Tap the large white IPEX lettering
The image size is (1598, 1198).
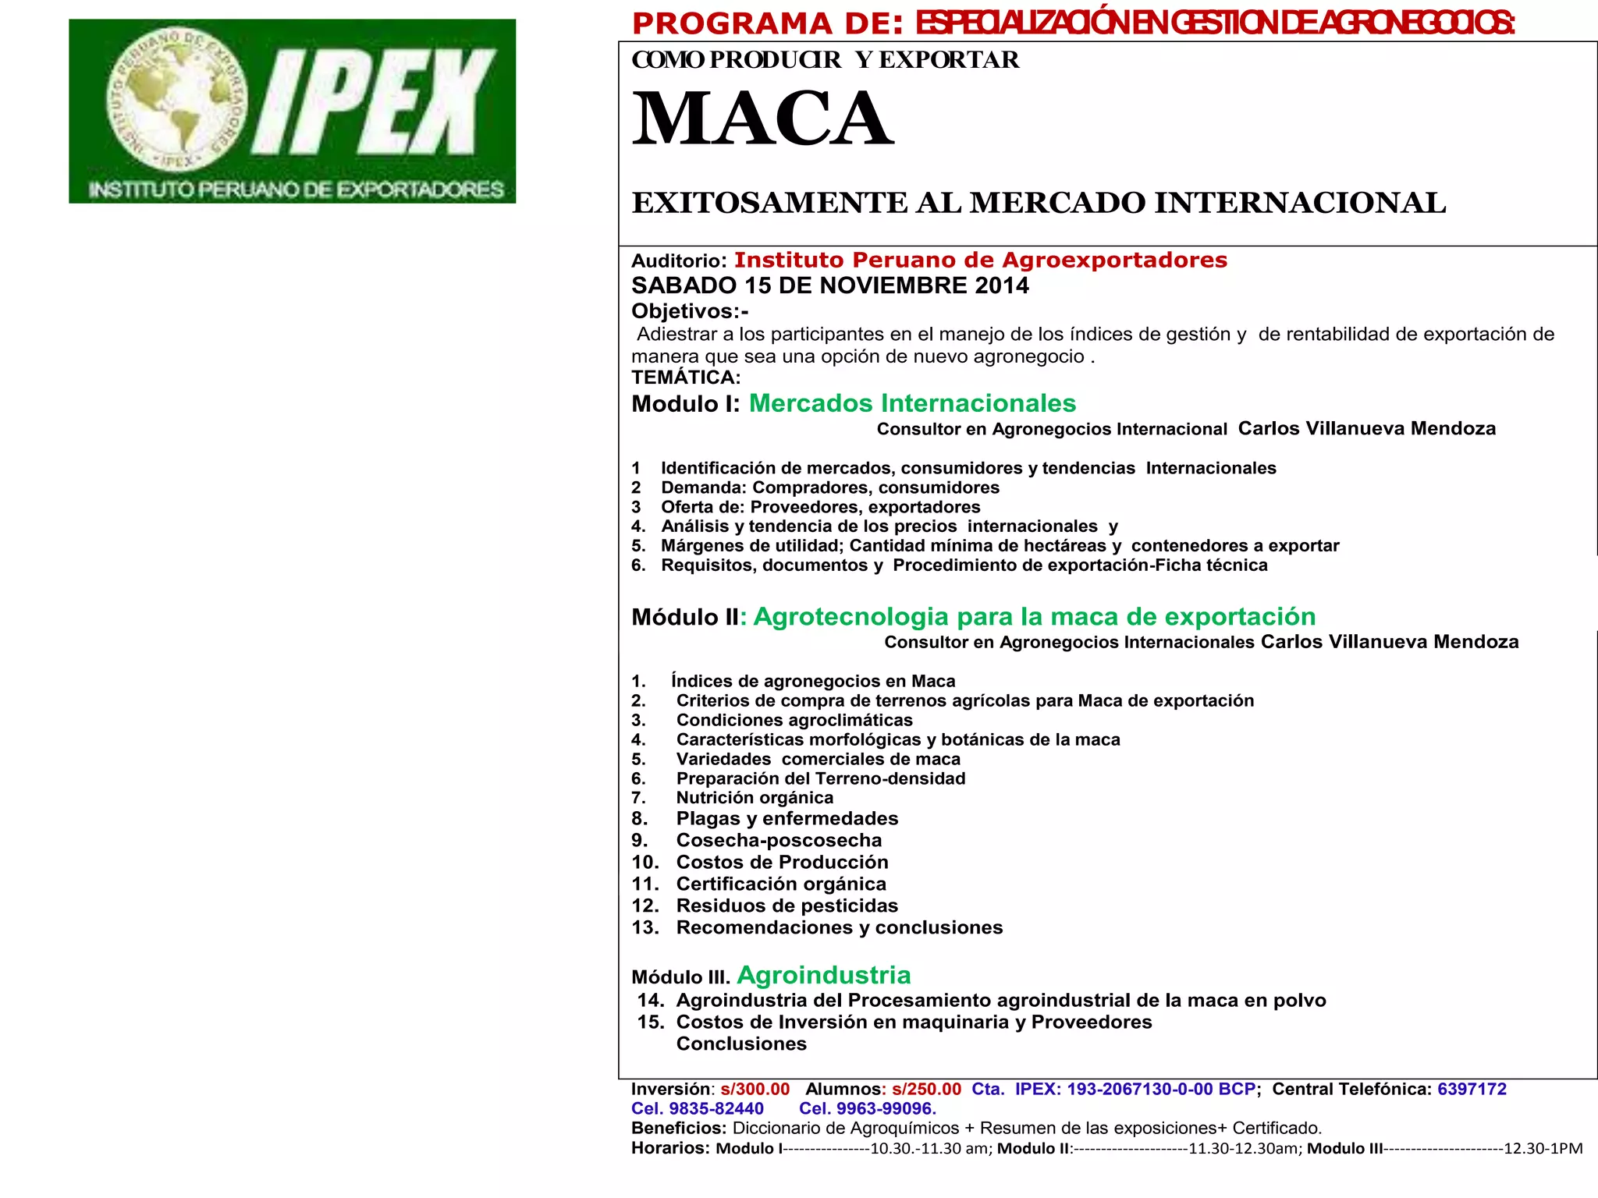(375, 101)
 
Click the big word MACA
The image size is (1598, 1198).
(762, 119)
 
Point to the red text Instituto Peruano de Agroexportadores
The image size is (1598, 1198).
(980, 260)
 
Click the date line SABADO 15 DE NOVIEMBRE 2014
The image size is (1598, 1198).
(829, 285)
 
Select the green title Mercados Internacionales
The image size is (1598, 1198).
(911, 403)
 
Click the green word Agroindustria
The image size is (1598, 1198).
(823, 975)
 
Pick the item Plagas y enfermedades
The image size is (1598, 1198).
(787, 818)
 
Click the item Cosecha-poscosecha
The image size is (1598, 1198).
(779, 840)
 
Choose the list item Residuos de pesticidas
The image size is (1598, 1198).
(787, 906)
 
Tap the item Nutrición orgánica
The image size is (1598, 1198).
(755, 797)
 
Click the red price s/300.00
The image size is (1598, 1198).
(755, 1089)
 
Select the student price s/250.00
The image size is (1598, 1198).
(926, 1089)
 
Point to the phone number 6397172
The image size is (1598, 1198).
(1472, 1089)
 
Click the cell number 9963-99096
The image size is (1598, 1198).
(885, 1108)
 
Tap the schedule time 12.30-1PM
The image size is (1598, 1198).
(1543, 1148)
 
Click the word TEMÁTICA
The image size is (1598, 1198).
(686, 377)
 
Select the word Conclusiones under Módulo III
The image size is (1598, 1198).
(741, 1044)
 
